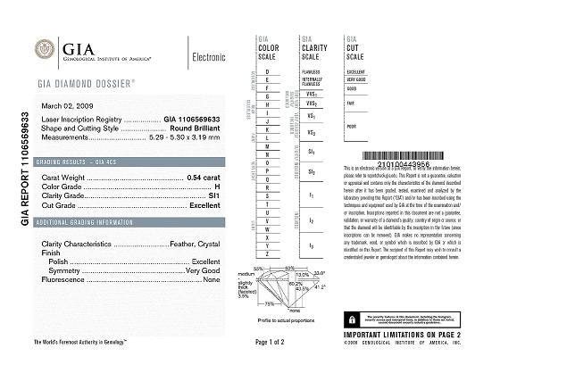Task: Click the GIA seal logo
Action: pos(42,50)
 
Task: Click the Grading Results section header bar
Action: pos(127,163)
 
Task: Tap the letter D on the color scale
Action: pos(267,70)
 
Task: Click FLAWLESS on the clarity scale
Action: pos(311,70)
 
